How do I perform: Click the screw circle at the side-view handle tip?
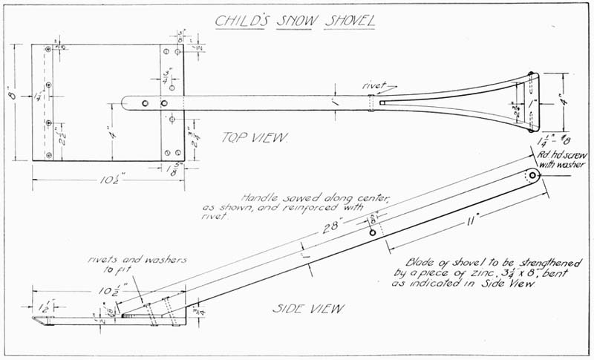pyautogui.click(x=533, y=176)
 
